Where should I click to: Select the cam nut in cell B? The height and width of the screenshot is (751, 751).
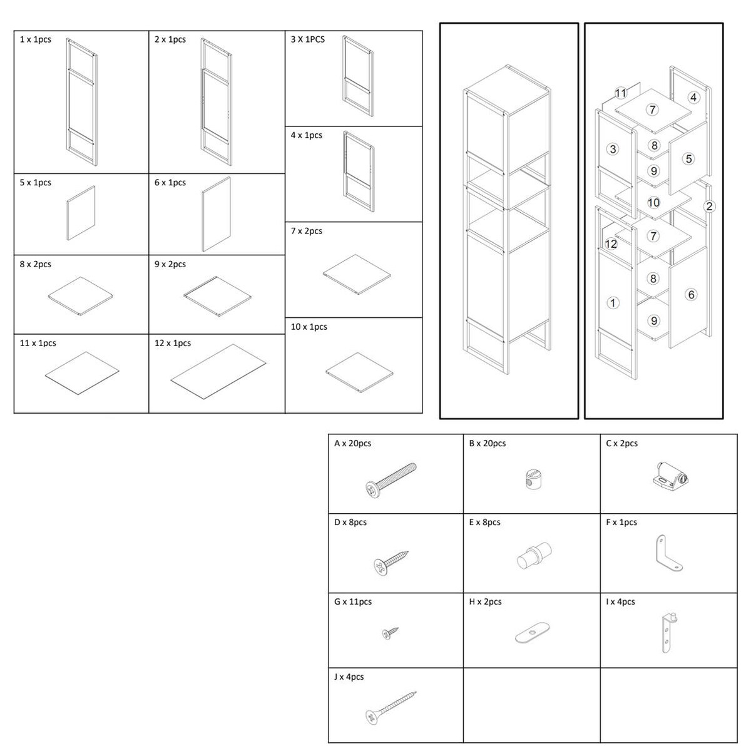click(532, 479)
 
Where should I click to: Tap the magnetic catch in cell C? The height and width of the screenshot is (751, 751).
click(670, 476)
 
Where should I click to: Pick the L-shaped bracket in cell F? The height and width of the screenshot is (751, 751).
click(667, 554)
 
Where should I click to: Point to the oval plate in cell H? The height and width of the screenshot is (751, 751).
click(532, 632)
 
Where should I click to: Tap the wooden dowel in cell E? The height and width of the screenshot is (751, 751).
click(534, 555)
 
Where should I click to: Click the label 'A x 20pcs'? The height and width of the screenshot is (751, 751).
click(352, 443)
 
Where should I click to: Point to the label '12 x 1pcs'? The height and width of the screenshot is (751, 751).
click(173, 343)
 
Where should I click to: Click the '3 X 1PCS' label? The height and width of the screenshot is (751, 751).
click(307, 39)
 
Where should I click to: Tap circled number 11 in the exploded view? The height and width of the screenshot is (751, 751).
click(620, 93)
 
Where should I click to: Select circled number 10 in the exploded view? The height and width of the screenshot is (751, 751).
click(653, 202)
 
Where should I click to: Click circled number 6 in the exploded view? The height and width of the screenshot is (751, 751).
click(691, 294)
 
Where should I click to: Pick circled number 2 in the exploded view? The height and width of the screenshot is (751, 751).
click(709, 206)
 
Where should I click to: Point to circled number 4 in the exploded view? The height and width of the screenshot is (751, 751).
click(693, 98)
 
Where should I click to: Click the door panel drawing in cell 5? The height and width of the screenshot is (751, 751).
click(81, 213)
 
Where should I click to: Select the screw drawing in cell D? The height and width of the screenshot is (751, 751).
click(391, 563)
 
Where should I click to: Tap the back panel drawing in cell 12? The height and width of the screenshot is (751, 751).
click(218, 371)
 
